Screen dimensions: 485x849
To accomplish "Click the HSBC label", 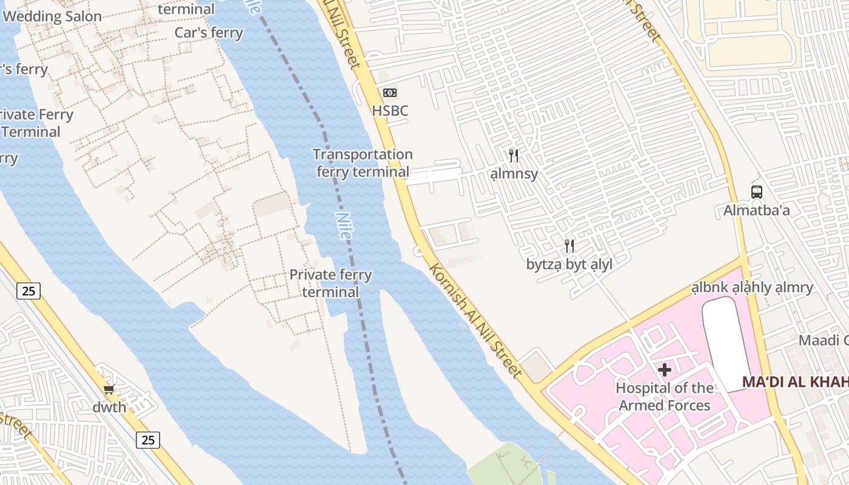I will pyautogui.click(x=390, y=111).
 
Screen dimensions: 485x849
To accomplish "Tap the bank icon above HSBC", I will pyautogui.click(x=390, y=93).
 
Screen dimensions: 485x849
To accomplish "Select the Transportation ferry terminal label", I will pyautogui.click(x=363, y=163).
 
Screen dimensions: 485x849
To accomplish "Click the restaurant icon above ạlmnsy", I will pyautogui.click(x=514, y=156).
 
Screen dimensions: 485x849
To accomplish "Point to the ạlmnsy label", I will pyautogui.click(x=514, y=174).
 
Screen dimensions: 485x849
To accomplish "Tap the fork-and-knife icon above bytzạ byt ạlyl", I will pyautogui.click(x=569, y=246).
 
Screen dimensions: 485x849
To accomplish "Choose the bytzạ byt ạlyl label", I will pyautogui.click(x=569, y=264).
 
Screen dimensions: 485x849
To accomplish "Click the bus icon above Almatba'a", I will pyautogui.click(x=756, y=192).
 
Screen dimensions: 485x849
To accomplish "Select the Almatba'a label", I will pyautogui.click(x=756, y=211).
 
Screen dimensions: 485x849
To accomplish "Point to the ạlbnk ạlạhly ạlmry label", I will pyautogui.click(x=752, y=287).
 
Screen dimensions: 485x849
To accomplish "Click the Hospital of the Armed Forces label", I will pyautogui.click(x=665, y=396).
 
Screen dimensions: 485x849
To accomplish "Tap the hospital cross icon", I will pyautogui.click(x=665, y=370).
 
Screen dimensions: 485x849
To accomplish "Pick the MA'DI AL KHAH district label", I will pyautogui.click(x=794, y=383).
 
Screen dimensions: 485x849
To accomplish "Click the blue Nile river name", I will pyautogui.click(x=343, y=225).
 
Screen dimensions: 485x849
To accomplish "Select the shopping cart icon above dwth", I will pyautogui.click(x=109, y=390).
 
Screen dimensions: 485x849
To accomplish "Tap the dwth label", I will pyautogui.click(x=109, y=407).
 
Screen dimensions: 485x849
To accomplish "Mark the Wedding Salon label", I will pyautogui.click(x=52, y=16).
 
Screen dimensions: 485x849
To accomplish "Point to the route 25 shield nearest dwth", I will pyautogui.click(x=148, y=440).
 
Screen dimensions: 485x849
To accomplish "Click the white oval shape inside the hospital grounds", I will pyautogui.click(x=727, y=343).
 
